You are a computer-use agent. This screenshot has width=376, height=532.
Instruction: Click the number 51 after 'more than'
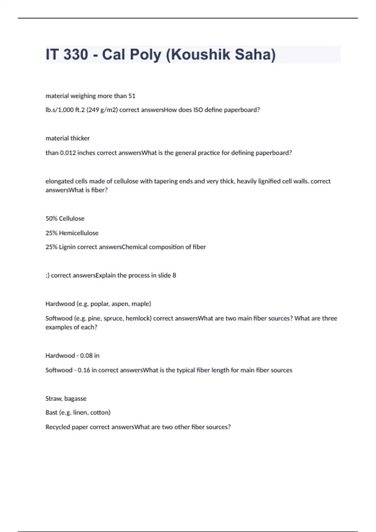(x=132, y=96)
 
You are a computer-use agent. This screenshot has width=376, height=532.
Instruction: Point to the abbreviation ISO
(x=198, y=110)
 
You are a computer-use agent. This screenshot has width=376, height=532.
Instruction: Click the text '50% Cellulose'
(x=65, y=218)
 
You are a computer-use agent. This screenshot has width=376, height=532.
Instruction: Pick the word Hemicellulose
(x=79, y=233)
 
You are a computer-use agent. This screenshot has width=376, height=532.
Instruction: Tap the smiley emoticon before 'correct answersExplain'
(x=47, y=275)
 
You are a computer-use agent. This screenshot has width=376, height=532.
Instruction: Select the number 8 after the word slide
(x=174, y=275)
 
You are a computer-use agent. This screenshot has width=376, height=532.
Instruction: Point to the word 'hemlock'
(x=138, y=318)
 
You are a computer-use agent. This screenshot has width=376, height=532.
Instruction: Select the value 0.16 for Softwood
(x=84, y=370)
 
